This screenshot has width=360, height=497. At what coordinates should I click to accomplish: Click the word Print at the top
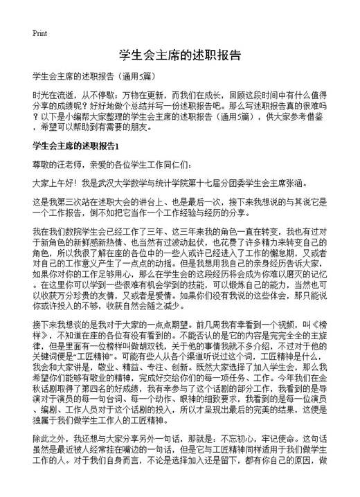point(39,33)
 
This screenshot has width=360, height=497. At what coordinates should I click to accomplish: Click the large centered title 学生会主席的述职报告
point(180,56)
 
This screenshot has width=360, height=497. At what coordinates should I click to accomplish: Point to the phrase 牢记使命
point(275,458)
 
